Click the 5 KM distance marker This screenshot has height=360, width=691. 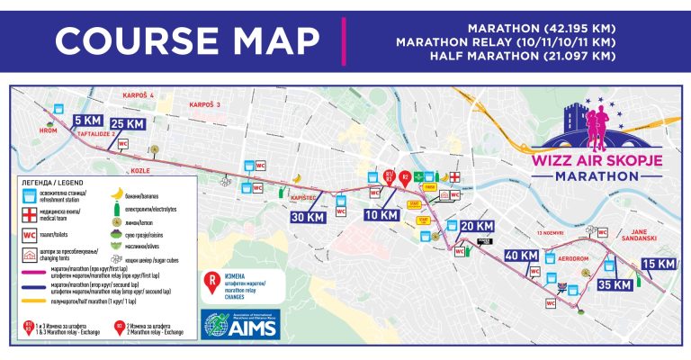coord(87,120)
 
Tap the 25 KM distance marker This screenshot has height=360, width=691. coord(127,122)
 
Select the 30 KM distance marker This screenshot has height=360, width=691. coord(308,216)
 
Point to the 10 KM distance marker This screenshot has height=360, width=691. coord(381,215)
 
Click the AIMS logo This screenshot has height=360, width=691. coord(236,325)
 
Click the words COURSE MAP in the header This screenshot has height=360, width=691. coord(185,41)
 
